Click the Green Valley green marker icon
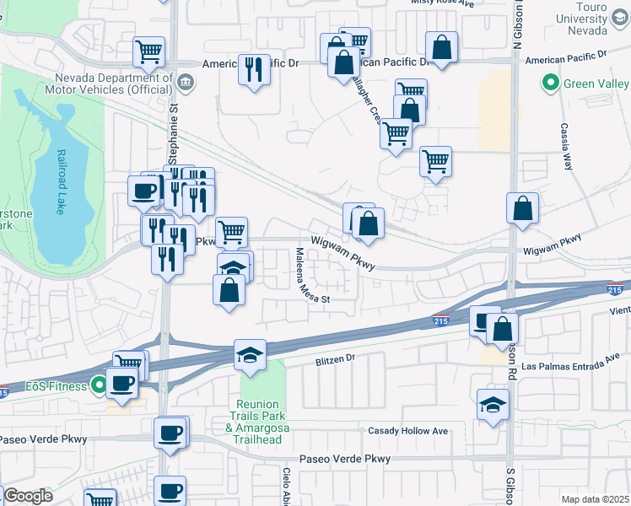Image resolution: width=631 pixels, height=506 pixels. [551, 83]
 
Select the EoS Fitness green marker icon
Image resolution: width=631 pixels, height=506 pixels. [100, 386]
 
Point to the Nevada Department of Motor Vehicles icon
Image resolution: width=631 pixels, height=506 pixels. [186, 82]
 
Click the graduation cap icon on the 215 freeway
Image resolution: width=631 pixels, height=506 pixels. [250, 354]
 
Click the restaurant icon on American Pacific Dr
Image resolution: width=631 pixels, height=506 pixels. [254, 70]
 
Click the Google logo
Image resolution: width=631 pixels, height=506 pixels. [28, 496]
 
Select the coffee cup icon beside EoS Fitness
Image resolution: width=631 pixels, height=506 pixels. [123, 384]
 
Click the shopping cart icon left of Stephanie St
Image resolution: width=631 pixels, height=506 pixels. [148, 51]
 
